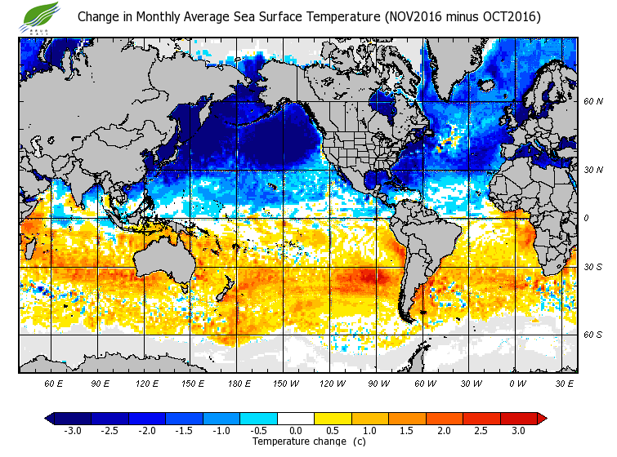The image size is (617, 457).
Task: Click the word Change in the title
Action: point(98,16)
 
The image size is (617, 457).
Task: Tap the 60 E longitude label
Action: point(54,383)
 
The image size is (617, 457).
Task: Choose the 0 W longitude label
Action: point(517,383)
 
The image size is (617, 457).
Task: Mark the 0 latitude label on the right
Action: point(587,218)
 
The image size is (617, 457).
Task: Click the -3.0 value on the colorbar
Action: point(73,430)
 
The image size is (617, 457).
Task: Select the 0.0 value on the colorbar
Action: point(296,430)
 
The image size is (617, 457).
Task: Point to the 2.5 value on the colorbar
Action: point(481,430)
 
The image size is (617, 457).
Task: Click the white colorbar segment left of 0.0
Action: point(279,418)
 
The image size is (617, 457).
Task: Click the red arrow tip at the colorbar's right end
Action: point(542,418)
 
